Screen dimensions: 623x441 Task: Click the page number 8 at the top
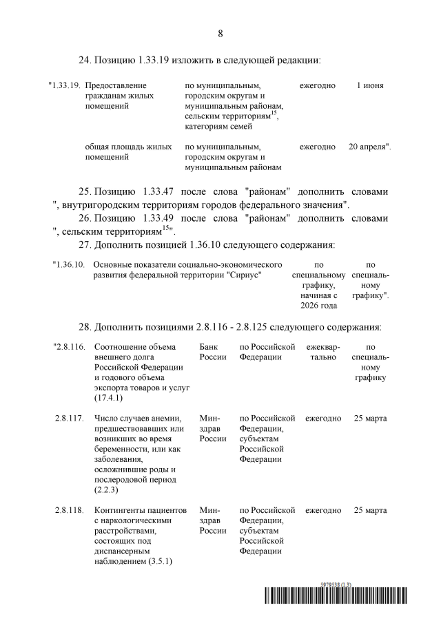pyautogui.click(x=220, y=33)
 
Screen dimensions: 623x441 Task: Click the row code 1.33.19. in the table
pyautogui.click(x=65, y=86)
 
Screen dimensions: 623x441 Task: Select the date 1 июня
pyautogui.click(x=370, y=86)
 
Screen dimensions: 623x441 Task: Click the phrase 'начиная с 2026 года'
pyautogui.click(x=318, y=300)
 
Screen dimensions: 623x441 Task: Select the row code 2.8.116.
pyautogui.click(x=68, y=346)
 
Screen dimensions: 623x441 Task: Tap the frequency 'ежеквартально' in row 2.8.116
pyautogui.click(x=322, y=352)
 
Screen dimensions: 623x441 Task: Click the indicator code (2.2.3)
pyautogui.click(x=107, y=489)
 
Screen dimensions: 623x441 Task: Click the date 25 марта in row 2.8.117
pyautogui.click(x=370, y=418)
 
